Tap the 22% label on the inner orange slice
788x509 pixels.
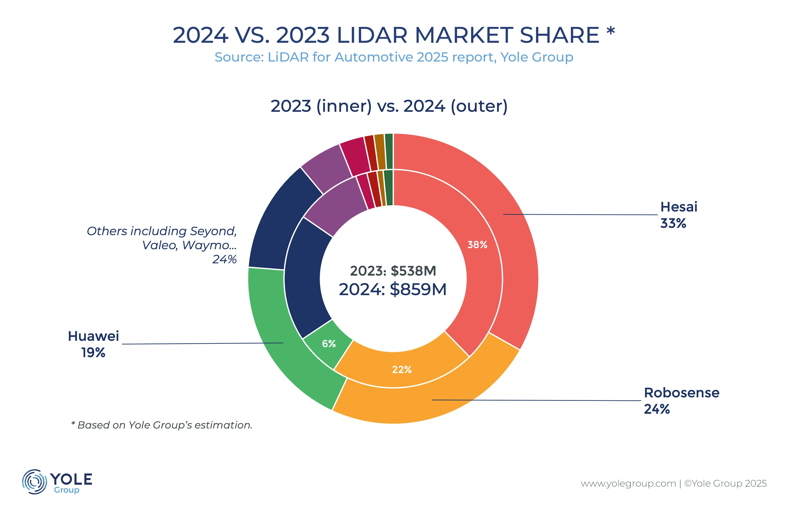(x=402, y=369)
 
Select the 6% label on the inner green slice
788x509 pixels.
(x=329, y=344)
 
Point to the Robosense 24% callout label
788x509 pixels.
(x=681, y=401)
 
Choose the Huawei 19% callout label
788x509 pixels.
(x=93, y=344)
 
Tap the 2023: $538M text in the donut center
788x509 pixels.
(x=393, y=271)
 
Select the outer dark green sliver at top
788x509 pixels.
(x=389, y=151)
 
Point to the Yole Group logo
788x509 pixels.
(x=57, y=482)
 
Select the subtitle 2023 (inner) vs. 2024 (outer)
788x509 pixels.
(x=389, y=106)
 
